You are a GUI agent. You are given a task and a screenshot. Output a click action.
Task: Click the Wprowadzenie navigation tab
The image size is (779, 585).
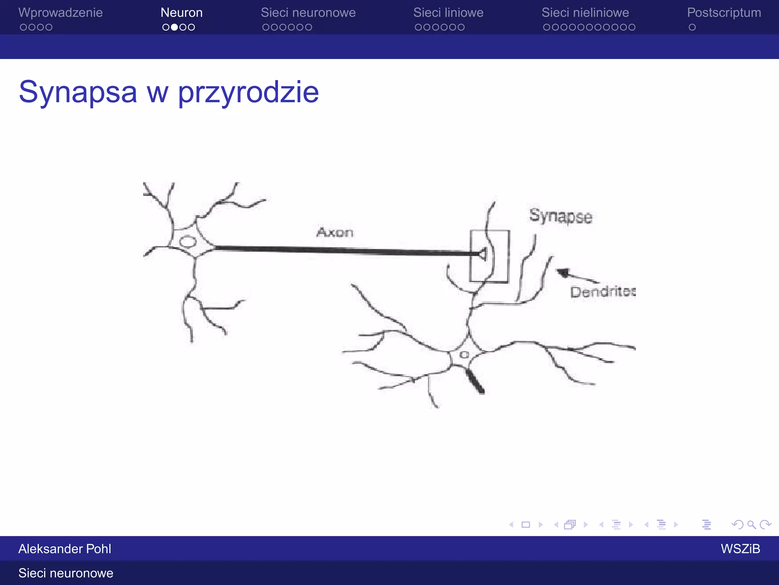click(60, 13)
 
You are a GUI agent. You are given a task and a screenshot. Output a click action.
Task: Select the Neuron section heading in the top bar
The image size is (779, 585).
click(181, 13)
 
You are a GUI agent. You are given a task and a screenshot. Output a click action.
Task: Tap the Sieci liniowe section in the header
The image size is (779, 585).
click(448, 13)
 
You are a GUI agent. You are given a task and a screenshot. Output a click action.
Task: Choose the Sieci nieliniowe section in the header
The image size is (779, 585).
click(585, 13)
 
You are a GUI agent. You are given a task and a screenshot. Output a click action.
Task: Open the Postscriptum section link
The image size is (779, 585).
click(724, 13)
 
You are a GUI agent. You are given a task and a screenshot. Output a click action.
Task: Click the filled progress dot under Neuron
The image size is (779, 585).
click(174, 27)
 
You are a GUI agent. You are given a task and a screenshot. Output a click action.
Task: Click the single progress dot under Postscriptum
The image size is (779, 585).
click(692, 27)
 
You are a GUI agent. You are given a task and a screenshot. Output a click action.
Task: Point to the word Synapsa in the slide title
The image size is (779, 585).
click(78, 92)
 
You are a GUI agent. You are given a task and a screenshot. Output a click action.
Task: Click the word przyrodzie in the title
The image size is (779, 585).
click(248, 92)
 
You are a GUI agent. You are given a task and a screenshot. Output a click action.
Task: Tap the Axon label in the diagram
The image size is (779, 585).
click(335, 232)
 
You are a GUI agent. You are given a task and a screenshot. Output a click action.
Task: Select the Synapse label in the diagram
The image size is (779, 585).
click(560, 216)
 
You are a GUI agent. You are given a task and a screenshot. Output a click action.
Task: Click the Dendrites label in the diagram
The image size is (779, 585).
click(603, 292)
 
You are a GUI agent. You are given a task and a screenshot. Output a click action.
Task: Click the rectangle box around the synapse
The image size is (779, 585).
click(490, 231)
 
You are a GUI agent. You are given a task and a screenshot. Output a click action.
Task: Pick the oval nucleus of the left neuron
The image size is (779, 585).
click(188, 241)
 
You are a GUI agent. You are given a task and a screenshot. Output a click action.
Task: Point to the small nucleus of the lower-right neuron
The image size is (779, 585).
click(464, 355)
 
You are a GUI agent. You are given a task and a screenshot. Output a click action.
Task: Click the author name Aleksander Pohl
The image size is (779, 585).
click(65, 548)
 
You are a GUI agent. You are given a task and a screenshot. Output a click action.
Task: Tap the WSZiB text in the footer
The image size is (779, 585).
click(740, 548)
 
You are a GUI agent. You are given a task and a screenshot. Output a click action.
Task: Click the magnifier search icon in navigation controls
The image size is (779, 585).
click(751, 525)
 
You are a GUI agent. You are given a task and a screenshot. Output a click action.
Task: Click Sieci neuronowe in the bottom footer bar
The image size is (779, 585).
click(66, 573)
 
